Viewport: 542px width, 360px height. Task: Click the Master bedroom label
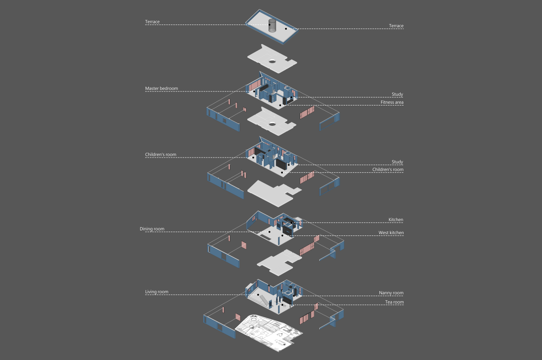click(161, 89)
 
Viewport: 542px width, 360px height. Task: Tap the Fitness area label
click(392, 102)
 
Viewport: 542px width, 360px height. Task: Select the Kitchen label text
click(396, 219)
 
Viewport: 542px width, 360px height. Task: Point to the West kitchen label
click(391, 233)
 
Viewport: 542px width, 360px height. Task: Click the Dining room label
click(152, 229)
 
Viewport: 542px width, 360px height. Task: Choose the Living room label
click(157, 291)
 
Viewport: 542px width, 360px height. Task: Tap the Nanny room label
click(391, 293)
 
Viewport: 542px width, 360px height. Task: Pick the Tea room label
click(394, 302)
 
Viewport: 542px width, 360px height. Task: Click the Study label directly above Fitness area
click(397, 94)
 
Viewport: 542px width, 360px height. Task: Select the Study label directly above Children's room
click(397, 162)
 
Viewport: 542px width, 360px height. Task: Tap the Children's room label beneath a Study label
click(388, 169)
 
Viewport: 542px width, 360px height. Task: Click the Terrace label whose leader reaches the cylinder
click(152, 22)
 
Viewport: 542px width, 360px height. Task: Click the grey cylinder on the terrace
click(272, 25)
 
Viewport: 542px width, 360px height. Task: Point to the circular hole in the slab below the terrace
click(272, 61)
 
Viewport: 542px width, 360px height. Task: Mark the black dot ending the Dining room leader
click(269, 232)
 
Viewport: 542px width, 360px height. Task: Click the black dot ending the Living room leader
click(258, 295)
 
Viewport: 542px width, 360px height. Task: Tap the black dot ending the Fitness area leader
click(280, 105)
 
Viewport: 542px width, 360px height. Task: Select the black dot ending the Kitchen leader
click(291, 223)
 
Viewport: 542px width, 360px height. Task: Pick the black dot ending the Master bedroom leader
click(254, 91)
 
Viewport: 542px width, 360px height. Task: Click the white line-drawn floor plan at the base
click(268, 332)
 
